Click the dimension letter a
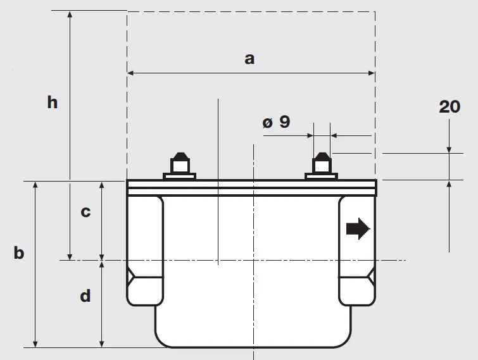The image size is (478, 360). click(x=249, y=59)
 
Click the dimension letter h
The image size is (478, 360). click(x=53, y=102)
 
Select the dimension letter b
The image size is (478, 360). click(x=19, y=252)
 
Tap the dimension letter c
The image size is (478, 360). click(x=85, y=212)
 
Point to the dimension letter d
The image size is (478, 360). click(x=85, y=295)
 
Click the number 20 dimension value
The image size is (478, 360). click(x=450, y=107)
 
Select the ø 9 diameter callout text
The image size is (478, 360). click(x=276, y=122)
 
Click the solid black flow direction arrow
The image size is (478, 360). click(x=358, y=229)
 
